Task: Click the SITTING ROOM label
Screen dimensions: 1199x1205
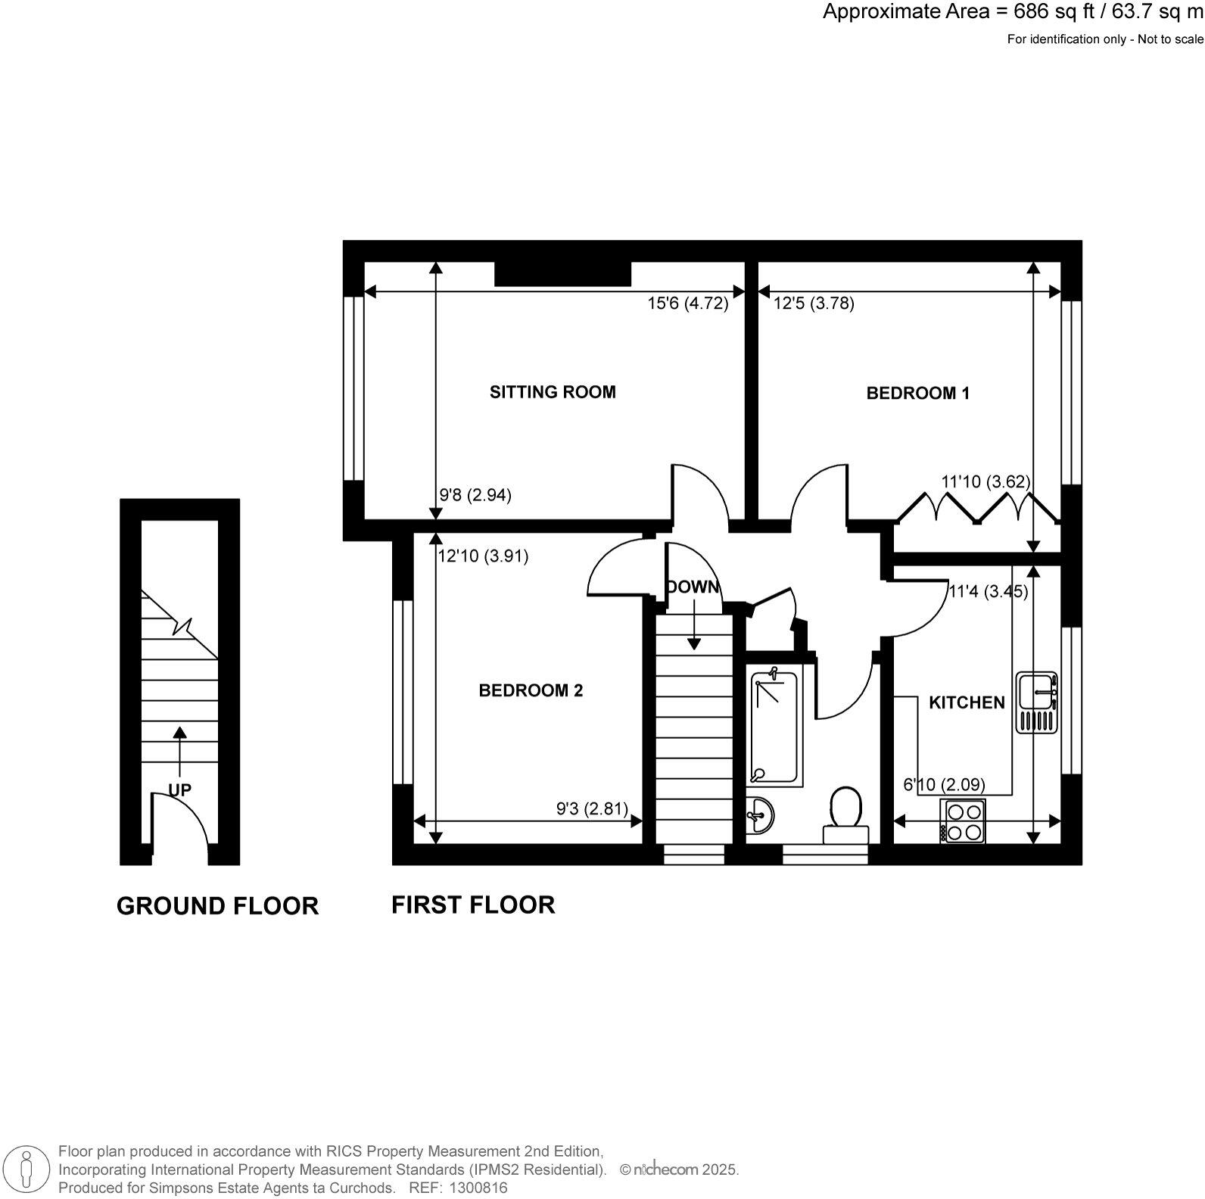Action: pos(553,392)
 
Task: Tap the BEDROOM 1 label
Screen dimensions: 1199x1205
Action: pos(917,394)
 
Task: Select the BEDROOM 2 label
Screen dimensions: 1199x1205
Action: pos(531,690)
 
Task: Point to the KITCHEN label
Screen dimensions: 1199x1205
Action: pos(967,702)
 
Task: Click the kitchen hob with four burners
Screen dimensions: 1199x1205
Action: pos(963,821)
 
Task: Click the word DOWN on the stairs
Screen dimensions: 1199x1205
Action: pos(693,587)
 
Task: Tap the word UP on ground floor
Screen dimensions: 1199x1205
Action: pos(179,790)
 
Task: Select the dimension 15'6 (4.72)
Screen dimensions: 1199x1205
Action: pos(687,304)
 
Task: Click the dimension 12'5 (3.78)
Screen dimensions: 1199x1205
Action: pos(814,304)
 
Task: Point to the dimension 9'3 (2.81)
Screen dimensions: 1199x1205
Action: pos(592,809)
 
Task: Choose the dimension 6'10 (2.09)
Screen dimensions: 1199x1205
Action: pos(945,785)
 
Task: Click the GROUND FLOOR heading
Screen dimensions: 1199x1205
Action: pos(217,906)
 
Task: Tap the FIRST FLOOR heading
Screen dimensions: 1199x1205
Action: pos(473,905)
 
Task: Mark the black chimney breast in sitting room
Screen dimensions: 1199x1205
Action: pos(562,273)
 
